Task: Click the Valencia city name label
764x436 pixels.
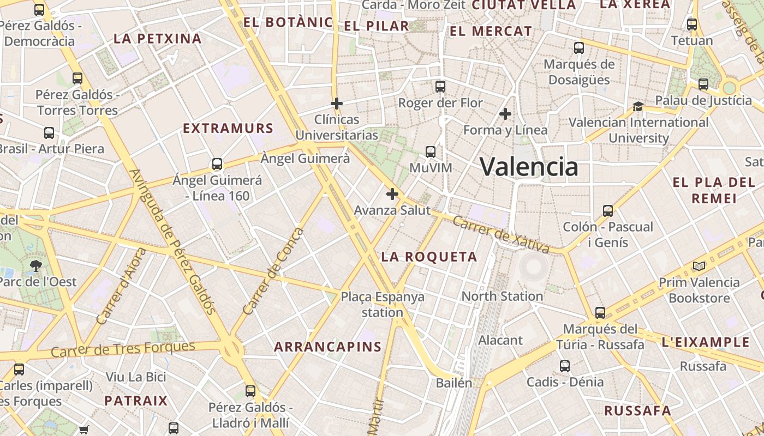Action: [x=529, y=166]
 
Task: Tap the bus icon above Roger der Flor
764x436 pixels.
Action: [x=440, y=87]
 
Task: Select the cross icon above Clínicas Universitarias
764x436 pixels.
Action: [x=337, y=103]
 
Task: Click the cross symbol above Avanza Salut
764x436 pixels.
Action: [x=392, y=193]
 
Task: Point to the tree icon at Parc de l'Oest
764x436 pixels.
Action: [x=37, y=266]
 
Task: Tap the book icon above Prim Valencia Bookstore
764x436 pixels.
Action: [x=699, y=267]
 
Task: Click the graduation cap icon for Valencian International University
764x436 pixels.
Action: [x=638, y=106]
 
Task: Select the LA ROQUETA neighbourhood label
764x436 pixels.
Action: [x=429, y=257]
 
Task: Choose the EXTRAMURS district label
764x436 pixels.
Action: [x=228, y=129]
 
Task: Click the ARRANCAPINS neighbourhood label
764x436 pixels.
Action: [x=327, y=347]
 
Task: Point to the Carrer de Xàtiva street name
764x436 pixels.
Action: [x=501, y=235]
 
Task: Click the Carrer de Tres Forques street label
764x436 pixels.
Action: [x=123, y=349]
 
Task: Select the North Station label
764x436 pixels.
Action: [x=502, y=296]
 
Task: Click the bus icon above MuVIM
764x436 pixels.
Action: [x=431, y=152]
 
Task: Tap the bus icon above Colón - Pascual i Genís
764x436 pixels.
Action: [x=607, y=211]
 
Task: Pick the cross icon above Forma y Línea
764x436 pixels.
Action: [x=505, y=114]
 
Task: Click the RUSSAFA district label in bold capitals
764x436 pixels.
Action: [x=637, y=410]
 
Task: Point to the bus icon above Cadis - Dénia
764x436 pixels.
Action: [x=565, y=366]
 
